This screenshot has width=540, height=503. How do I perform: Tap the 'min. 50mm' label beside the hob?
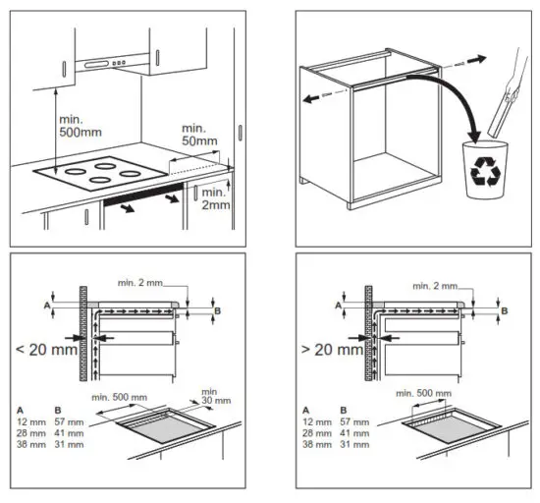[x=200, y=137]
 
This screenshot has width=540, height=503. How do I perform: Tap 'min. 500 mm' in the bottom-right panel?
[x=425, y=393]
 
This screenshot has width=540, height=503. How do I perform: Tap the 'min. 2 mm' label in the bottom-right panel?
[x=436, y=285]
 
